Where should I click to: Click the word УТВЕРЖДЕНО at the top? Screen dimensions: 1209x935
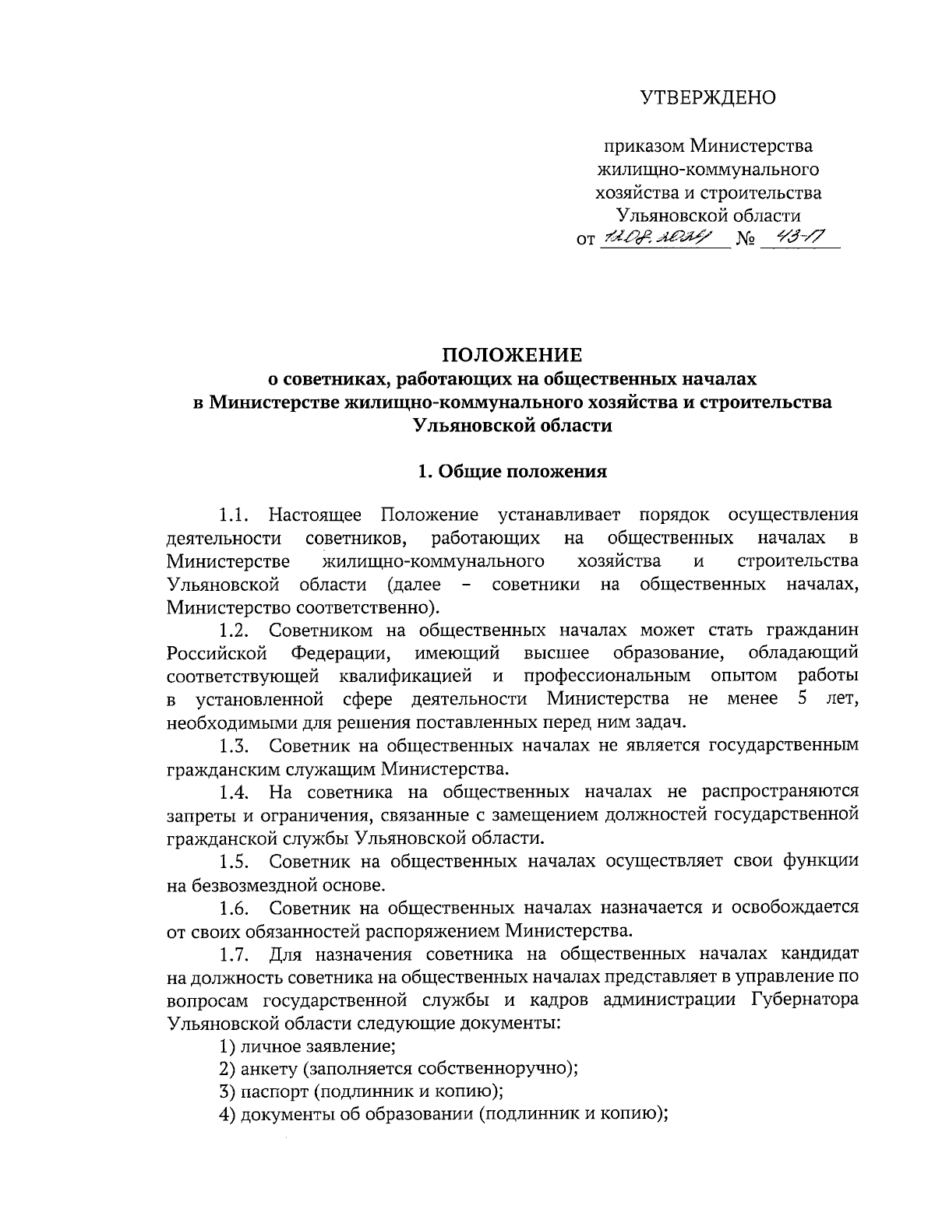tap(708, 98)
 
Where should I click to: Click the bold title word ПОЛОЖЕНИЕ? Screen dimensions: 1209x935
tap(512, 356)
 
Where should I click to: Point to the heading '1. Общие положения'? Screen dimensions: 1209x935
tap(512, 471)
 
